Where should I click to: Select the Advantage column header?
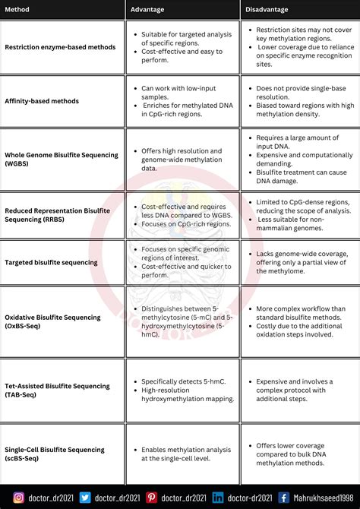(147, 9)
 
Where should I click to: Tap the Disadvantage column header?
(267, 9)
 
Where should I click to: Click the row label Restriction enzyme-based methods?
(60, 47)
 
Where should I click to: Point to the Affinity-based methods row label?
(42, 101)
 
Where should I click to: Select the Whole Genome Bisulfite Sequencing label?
(62, 159)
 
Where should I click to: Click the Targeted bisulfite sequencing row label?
(51, 263)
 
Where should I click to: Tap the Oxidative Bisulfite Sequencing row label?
(52, 321)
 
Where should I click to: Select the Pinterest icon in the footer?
(151, 498)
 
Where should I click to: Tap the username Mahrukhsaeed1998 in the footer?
(324, 498)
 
